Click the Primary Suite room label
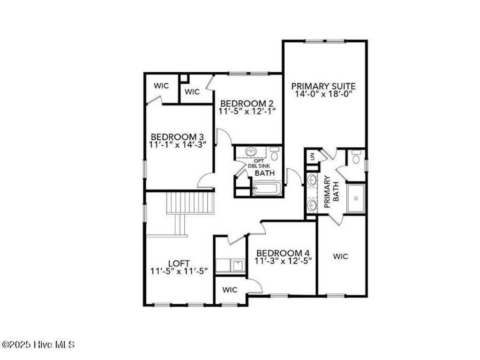323,86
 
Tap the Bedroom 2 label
247,103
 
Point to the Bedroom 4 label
283,252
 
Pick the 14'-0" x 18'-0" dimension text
323,94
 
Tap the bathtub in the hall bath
266,189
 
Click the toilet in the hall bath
275,153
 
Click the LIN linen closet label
311,157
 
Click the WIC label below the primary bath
340,256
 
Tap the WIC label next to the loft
230,290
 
